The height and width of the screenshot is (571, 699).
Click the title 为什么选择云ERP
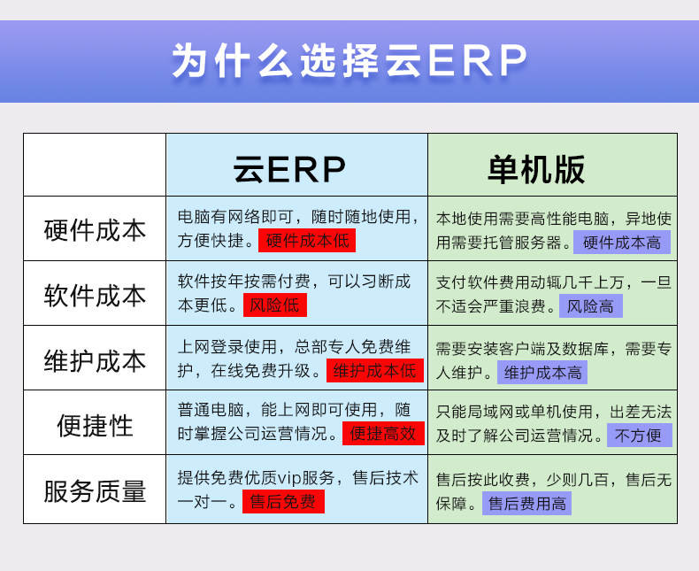pos(349,60)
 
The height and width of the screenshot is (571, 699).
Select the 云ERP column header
pos(289,169)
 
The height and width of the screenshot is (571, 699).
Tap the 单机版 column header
pos(536,169)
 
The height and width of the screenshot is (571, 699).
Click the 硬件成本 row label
pos(95,230)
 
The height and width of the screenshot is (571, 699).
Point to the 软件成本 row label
pos(95,296)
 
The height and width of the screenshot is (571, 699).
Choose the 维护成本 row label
pos(95,360)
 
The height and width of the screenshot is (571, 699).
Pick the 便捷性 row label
pos(95,425)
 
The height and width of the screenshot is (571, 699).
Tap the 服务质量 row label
pos(95,491)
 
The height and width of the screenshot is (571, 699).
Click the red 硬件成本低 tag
pos(307,241)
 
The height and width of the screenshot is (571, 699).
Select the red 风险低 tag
pos(275,305)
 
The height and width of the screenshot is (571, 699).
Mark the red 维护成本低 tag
pos(375,371)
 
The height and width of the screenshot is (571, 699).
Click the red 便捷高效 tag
pos(383,433)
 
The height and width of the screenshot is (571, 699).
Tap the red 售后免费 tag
pos(283,501)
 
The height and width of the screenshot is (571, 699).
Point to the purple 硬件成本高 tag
pos(622,243)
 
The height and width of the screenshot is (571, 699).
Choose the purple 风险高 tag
pos(591,306)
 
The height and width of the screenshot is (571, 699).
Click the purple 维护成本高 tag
pos(542,373)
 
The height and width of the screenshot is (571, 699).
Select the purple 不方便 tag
pos(639,436)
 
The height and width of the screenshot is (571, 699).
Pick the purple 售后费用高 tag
pos(527,504)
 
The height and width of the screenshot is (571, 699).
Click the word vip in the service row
pos(289,478)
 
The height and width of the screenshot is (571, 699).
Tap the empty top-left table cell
pos(95,165)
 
